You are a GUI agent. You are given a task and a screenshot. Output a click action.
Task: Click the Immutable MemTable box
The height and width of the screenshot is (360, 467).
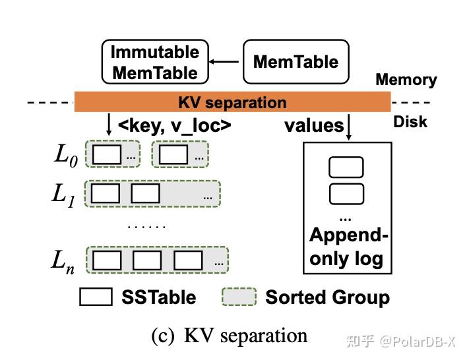pos(154,62)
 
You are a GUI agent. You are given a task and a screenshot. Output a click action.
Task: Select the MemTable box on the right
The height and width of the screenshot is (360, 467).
pos(296,62)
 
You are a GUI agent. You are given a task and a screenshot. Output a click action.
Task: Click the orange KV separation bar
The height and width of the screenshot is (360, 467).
pos(232,102)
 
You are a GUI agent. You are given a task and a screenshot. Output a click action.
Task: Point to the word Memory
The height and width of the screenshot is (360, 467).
pos(406,80)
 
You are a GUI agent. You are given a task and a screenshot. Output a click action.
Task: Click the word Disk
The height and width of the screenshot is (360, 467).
pos(410,122)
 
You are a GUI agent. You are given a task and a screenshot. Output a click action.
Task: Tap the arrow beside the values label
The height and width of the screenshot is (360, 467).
pos(348,127)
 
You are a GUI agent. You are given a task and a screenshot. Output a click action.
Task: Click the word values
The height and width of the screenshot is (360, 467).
pos(314,125)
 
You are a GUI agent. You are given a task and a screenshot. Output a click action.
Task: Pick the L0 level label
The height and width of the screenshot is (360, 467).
pos(67,156)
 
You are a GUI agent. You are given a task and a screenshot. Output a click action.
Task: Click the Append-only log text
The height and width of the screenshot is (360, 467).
pos(346,247)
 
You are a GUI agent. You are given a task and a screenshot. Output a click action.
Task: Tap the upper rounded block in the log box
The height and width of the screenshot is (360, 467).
pos(346,167)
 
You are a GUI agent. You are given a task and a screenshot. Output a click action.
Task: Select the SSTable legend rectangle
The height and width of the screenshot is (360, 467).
pos(96,297)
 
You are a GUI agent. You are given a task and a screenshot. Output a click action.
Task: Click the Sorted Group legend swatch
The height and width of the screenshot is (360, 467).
pos(239,297)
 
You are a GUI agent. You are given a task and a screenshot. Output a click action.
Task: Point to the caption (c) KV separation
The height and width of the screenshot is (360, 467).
pos(230,336)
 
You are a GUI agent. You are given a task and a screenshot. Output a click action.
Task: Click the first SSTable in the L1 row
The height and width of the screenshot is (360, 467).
pos(106,194)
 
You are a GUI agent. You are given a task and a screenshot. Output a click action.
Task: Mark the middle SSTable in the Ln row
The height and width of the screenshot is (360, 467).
pos(146,261)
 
